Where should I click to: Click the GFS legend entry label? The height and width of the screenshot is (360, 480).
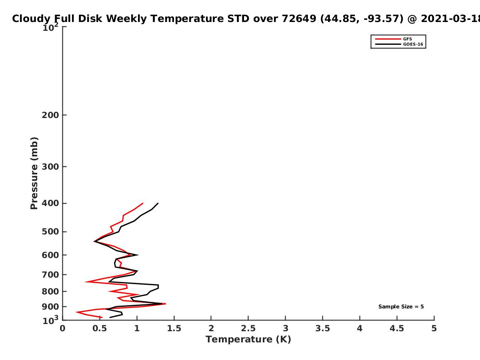click(x=407, y=39)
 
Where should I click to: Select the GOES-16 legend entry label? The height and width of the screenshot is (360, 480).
click(x=413, y=44)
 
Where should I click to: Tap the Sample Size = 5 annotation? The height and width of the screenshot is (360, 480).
click(x=401, y=307)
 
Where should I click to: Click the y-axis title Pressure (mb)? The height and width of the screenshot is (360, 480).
click(x=34, y=173)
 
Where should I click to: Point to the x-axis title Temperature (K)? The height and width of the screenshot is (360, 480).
click(x=248, y=340)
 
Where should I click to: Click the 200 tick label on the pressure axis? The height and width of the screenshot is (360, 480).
click(x=50, y=115)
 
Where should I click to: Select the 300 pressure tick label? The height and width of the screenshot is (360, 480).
click(x=50, y=167)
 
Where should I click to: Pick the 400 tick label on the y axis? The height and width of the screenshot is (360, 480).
click(x=50, y=203)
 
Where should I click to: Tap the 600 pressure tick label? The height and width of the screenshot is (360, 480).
click(x=50, y=255)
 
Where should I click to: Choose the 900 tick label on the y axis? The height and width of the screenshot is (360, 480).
click(x=50, y=307)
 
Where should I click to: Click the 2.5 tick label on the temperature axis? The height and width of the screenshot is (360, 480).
click(x=248, y=328)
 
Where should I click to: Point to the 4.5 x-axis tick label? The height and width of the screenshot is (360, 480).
click(x=397, y=328)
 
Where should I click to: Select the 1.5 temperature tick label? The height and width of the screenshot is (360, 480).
click(x=174, y=328)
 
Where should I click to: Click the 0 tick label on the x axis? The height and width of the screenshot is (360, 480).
click(x=62, y=328)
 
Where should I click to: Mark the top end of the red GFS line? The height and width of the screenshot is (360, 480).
click(x=143, y=203)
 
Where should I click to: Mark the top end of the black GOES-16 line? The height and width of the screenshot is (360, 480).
click(x=158, y=203)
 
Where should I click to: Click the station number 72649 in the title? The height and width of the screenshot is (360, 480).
click(x=299, y=19)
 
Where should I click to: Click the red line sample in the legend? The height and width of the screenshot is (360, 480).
click(x=388, y=39)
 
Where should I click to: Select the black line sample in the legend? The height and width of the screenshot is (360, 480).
click(x=388, y=44)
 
